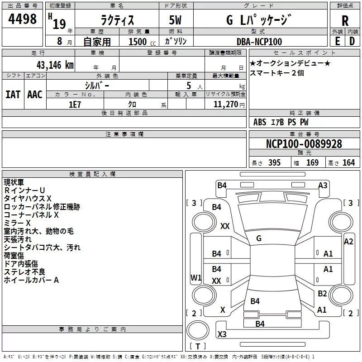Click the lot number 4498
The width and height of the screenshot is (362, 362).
coord(23,19)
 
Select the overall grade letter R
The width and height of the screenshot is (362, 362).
coord(345,21)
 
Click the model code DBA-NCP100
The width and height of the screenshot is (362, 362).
coord(259,42)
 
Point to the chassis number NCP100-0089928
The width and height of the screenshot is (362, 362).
coord(304,144)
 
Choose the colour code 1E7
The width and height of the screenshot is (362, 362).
coord(75,104)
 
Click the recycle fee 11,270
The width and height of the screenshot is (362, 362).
coord(225,105)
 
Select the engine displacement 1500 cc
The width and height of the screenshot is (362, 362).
coord(138,42)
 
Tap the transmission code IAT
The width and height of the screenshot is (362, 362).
coord(13,94)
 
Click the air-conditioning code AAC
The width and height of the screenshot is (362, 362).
coord(35,94)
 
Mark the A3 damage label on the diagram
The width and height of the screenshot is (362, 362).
coord(323,185)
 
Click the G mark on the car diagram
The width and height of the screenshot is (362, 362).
coord(259,238)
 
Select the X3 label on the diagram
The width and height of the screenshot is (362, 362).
coord(222,334)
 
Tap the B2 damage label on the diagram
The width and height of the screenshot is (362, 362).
coord(322,293)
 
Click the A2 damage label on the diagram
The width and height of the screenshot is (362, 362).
coord(348,242)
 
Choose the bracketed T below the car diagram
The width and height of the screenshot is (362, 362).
coord(197,347)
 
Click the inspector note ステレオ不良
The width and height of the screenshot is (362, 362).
coord(25,272)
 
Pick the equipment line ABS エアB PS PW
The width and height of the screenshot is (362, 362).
coord(281,122)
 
